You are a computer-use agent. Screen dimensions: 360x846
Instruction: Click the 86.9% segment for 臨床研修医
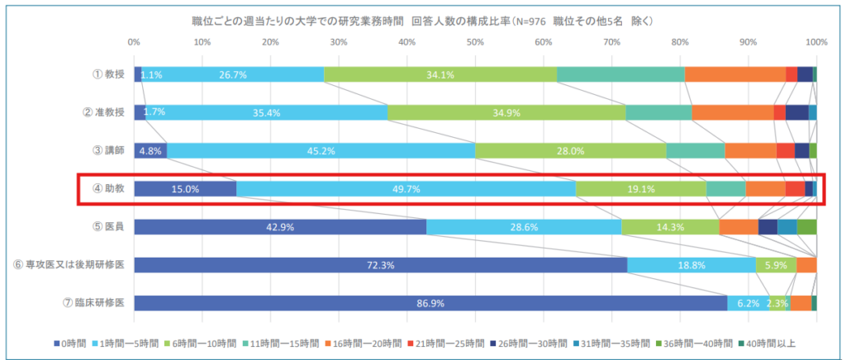click(x=430, y=303)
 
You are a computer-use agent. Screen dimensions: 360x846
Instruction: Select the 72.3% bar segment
click(x=380, y=265)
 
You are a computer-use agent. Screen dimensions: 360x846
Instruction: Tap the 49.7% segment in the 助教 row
click(x=406, y=189)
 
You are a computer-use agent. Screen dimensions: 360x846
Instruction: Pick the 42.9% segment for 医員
click(x=280, y=227)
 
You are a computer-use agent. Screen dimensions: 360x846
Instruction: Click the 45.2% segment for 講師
click(x=321, y=151)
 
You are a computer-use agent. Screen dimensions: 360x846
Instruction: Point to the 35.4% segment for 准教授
click(x=267, y=112)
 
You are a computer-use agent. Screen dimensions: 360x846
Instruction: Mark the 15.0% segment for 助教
click(x=185, y=189)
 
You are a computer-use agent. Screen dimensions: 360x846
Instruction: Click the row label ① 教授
click(x=108, y=74)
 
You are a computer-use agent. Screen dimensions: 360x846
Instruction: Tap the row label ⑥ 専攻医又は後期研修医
click(x=69, y=264)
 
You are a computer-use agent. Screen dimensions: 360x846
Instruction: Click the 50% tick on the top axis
click(x=475, y=40)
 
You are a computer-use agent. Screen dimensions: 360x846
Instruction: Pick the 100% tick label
click(x=816, y=40)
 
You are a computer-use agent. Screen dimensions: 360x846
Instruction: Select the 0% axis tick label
click(x=135, y=40)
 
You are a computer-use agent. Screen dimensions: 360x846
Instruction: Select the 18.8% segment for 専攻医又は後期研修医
click(x=692, y=265)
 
